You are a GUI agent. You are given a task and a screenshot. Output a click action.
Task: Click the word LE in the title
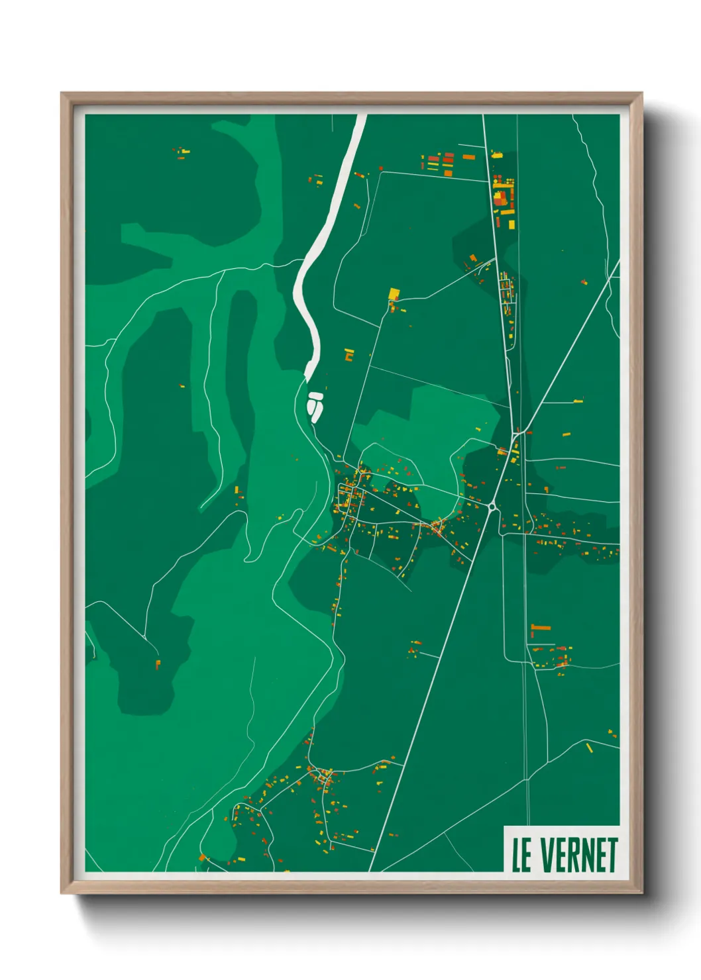[521, 855]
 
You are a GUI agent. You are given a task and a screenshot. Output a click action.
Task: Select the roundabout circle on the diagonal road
[492, 507]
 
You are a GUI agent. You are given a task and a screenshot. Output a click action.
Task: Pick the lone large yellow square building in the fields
[394, 293]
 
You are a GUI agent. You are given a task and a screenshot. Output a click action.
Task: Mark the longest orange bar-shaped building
[541, 627]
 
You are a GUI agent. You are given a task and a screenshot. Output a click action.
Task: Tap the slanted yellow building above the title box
[589, 748]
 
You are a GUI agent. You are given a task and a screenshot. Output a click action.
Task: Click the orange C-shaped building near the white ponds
[349, 355]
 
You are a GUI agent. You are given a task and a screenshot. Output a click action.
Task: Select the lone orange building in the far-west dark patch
[158, 663]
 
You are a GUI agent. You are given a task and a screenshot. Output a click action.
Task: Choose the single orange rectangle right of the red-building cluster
[468, 157]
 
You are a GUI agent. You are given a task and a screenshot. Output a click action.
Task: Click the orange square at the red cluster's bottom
[448, 173]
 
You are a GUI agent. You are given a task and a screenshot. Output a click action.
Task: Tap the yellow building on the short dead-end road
[578, 401]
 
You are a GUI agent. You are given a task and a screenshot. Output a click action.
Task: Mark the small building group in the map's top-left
[182, 154]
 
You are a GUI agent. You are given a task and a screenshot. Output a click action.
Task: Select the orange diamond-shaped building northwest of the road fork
[472, 258]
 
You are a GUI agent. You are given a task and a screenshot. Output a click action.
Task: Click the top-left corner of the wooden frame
[62, 93]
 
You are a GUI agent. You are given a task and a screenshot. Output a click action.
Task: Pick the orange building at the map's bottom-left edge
[202, 858]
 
